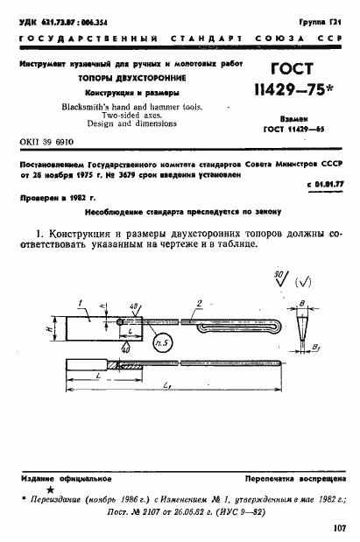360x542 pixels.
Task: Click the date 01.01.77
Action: coord(326,186)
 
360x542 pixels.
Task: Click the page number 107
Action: coord(340,528)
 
